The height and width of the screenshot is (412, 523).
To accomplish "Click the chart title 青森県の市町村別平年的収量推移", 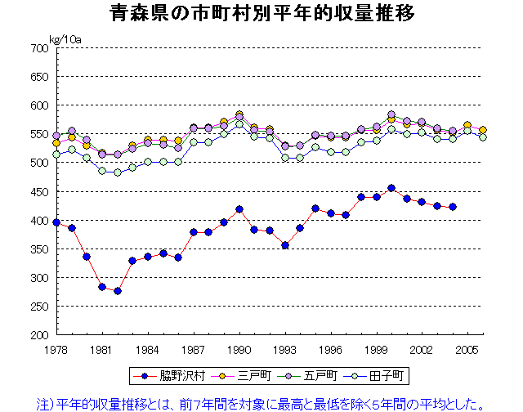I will click(261, 14).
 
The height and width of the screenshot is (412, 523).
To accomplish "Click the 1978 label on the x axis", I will click(56, 350).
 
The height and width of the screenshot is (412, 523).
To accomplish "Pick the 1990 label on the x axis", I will click(239, 350).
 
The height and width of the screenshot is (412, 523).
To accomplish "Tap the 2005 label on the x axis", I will click(467, 350).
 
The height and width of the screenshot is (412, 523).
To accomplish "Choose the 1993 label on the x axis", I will click(285, 350).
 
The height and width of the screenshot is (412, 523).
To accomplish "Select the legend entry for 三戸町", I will click(237, 376).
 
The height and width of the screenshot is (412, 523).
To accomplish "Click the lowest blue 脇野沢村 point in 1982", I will click(118, 291).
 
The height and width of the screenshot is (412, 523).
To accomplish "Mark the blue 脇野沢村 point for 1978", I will click(56, 222).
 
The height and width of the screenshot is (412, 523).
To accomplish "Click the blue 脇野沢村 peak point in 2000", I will click(391, 188).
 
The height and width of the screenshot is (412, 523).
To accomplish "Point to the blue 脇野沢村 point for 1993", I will click(285, 245).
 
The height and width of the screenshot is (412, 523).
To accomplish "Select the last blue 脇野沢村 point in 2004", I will click(453, 207).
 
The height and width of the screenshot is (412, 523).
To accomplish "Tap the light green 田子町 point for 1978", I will click(56, 154).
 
